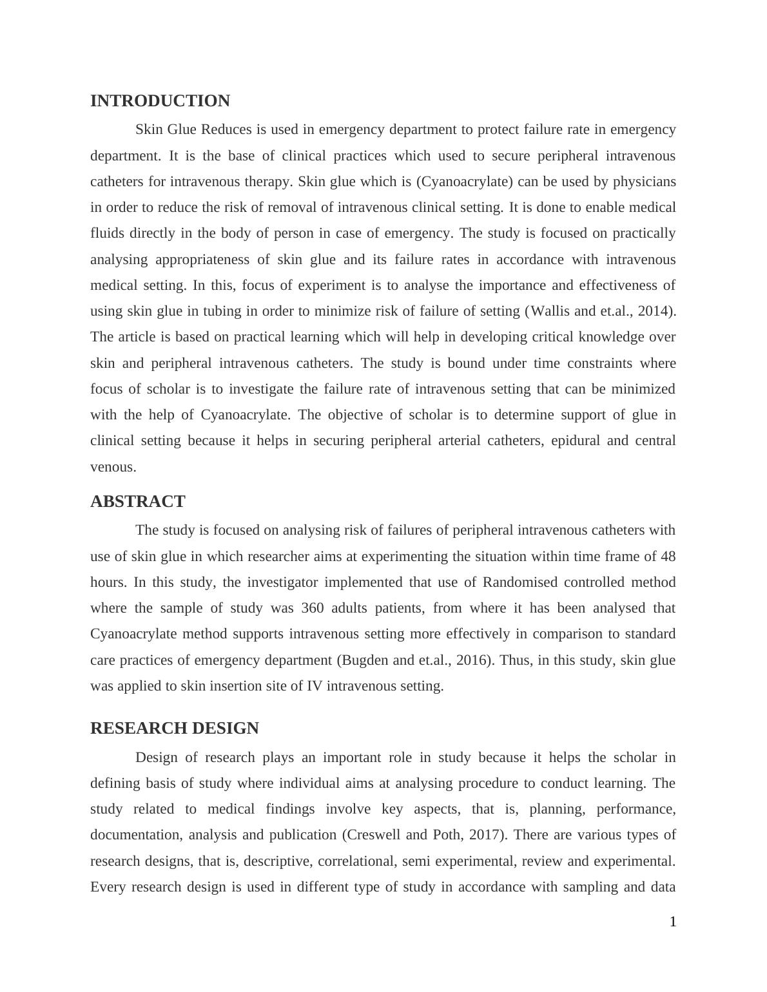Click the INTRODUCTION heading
[x=160, y=101]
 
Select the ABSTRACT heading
[x=137, y=502]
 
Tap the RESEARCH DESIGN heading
[x=174, y=729]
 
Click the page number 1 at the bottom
[x=673, y=922]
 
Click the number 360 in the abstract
[x=313, y=608]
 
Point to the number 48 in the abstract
[x=668, y=557]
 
